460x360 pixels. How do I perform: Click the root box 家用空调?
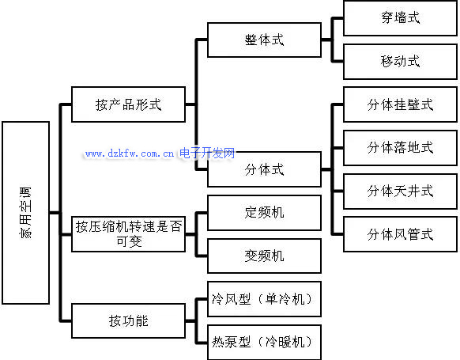click(26, 213)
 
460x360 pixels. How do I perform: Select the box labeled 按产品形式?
click(129, 104)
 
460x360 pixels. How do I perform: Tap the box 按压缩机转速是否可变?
click(129, 234)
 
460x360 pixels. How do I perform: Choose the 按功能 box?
click(129, 320)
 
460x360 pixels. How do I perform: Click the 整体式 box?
click(264, 40)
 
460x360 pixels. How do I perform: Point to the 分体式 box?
click(264, 169)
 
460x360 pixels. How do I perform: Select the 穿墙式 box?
click(401, 18)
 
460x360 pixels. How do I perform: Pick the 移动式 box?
click(401, 62)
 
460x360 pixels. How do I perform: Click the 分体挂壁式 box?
click(401, 104)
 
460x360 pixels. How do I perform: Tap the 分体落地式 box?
click(401, 148)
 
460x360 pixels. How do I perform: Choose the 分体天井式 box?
click(401, 191)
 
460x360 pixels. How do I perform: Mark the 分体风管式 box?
click(401, 234)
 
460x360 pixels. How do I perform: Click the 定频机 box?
click(264, 213)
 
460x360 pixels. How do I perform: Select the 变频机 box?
click(264, 256)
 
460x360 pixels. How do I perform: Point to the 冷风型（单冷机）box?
click(264, 299)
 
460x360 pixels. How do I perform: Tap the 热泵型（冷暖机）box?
click(264, 342)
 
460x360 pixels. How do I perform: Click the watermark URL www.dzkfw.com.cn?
click(130, 153)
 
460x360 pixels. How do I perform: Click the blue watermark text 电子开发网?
click(207, 153)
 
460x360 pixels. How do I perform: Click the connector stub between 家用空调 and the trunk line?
click(55, 213)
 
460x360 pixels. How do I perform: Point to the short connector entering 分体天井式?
click(337, 191)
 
